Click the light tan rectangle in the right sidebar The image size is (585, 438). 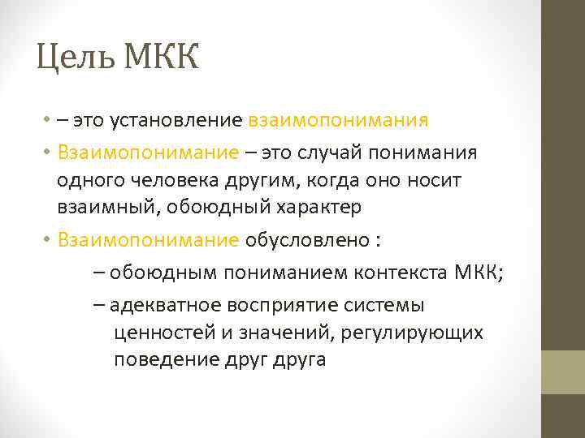(563, 371)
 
